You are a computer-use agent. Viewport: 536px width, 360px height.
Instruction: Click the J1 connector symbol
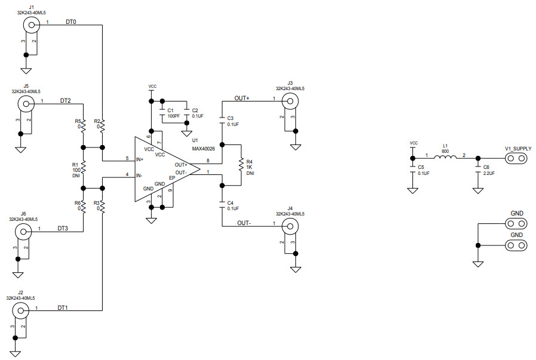[x=31, y=24]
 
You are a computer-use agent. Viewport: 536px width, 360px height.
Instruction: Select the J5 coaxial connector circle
[x=26, y=103]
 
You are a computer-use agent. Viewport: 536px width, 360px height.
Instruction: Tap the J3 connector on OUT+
[x=290, y=101]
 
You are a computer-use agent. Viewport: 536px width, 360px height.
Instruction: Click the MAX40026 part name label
[x=203, y=148]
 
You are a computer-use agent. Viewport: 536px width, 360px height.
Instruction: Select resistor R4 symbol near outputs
[x=241, y=164]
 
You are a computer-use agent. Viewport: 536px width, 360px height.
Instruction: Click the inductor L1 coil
[x=444, y=158]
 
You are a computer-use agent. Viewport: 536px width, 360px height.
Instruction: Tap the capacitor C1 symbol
[x=162, y=110]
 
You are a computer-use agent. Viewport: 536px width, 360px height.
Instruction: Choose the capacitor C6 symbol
[x=478, y=173]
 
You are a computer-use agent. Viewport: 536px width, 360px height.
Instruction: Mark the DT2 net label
[x=66, y=100]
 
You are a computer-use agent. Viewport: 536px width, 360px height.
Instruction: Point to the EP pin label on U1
[x=172, y=178]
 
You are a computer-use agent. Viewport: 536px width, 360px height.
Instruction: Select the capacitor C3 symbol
[x=222, y=119]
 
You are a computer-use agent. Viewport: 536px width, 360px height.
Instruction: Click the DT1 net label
[x=63, y=307]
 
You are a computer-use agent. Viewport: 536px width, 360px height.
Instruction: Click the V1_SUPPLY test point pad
[x=517, y=158]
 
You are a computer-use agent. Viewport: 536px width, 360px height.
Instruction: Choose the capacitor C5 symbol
[x=412, y=173]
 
